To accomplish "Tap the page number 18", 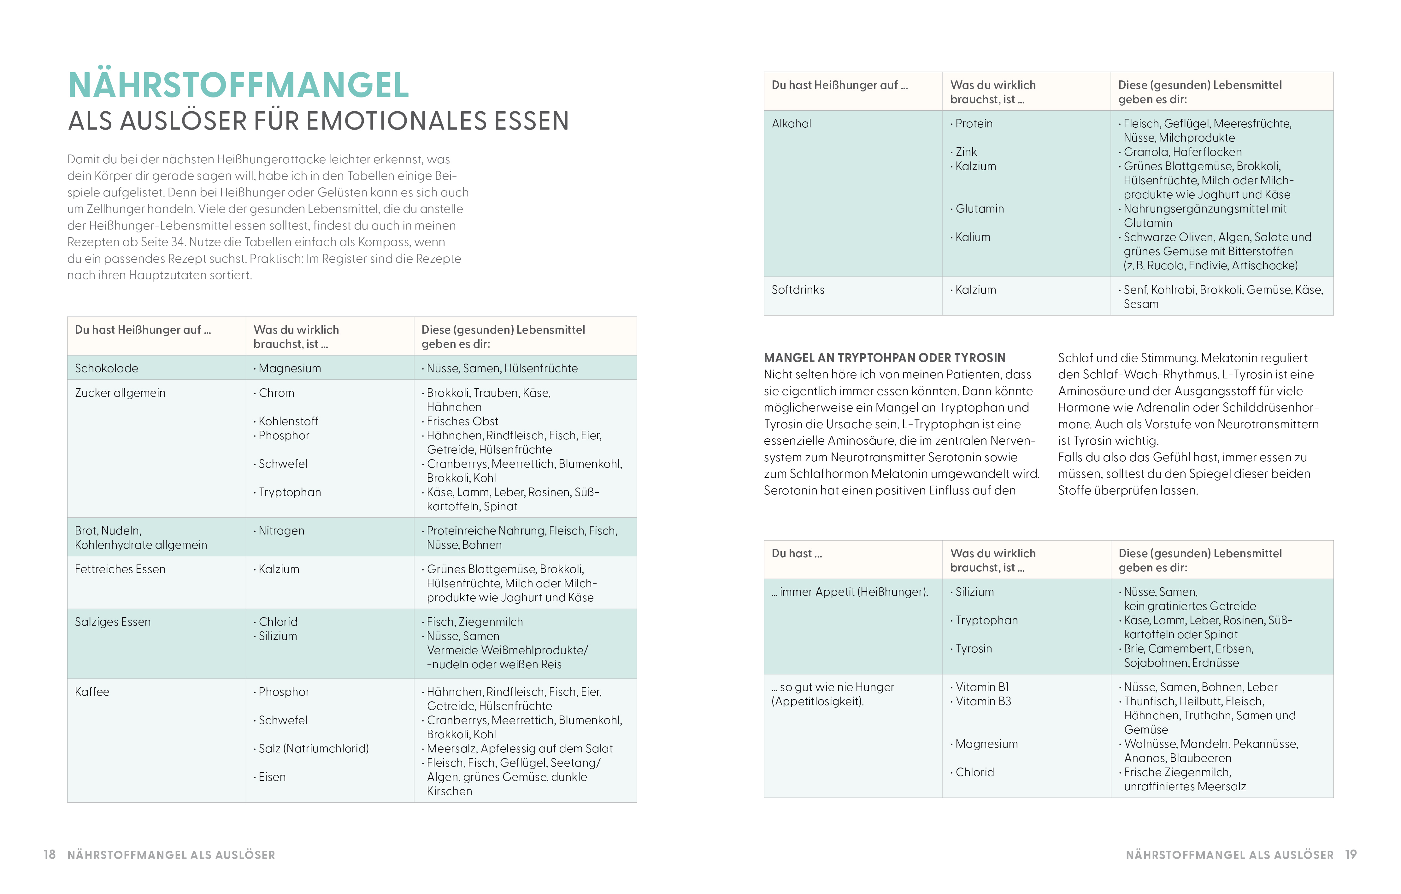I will tap(50, 855).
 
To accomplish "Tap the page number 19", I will tap(1351, 855).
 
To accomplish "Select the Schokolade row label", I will tap(107, 368).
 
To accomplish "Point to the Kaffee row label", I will tap(92, 692).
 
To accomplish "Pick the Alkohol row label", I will tap(791, 123).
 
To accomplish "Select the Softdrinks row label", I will tap(798, 290).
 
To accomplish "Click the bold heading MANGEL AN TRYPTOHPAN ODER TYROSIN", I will tap(884, 358).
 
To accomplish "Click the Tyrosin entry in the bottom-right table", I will tap(973, 649).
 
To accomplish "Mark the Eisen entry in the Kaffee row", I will tap(272, 777).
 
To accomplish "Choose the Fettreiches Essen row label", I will tap(120, 569).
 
